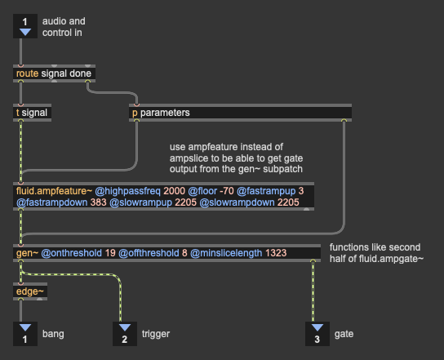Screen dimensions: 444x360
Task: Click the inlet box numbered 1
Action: coord(25,26)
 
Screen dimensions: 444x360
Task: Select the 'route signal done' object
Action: coord(54,73)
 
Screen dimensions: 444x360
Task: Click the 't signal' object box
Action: coord(33,113)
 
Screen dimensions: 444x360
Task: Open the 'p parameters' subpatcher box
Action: coord(240,113)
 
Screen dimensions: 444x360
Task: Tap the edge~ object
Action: coord(30,291)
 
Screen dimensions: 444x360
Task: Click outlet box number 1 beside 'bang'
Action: coord(25,334)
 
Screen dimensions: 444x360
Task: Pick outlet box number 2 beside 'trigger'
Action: coord(125,334)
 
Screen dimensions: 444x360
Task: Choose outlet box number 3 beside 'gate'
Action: coord(317,334)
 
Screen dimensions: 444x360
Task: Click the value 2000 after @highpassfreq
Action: coord(174,191)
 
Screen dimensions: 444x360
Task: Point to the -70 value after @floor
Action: coord(227,191)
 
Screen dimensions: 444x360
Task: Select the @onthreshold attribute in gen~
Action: coord(71,253)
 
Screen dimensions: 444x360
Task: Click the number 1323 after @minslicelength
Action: coord(276,253)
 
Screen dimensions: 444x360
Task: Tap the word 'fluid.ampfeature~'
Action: coord(54,191)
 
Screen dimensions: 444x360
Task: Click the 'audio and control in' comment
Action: coord(64,27)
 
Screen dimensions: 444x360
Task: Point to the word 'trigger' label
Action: coord(156,334)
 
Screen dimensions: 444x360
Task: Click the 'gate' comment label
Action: coord(344,334)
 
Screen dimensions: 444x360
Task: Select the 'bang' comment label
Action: coord(53,334)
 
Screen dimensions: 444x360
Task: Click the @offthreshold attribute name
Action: coord(149,253)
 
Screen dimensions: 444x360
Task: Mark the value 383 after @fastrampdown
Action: coord(98,202)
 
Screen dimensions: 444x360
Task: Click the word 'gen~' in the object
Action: coord(27,253)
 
